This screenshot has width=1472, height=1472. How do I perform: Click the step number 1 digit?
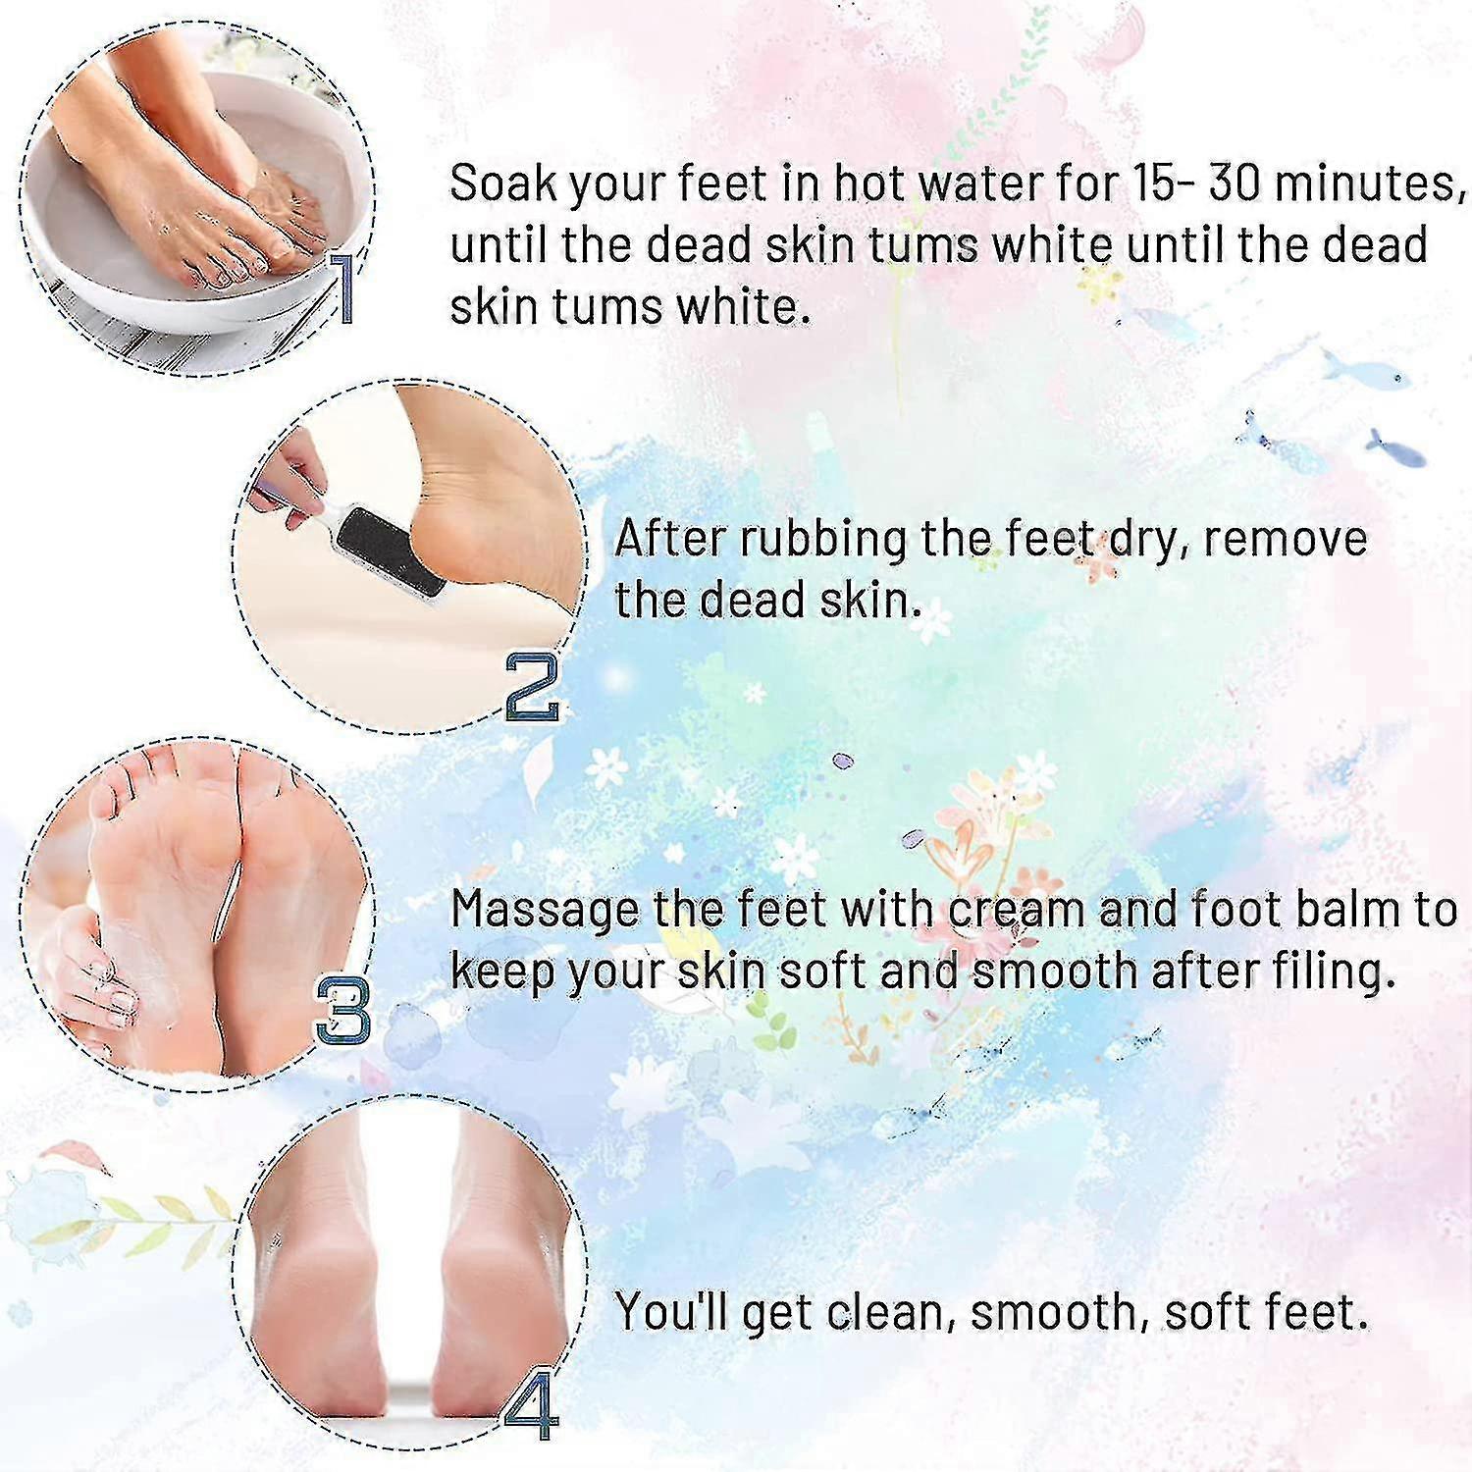341,287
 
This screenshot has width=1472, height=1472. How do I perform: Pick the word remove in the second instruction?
1286,539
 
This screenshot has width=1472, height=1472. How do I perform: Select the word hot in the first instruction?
872,184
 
